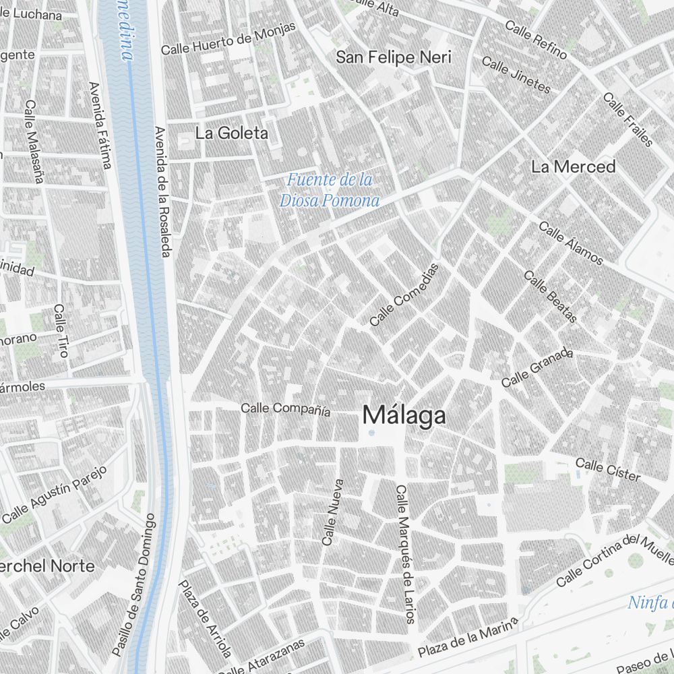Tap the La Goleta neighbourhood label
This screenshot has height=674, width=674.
[231, 133]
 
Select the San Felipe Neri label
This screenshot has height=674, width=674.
[394, 57]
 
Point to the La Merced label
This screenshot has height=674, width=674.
[573, 166]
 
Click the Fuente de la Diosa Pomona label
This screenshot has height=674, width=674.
[330, 190]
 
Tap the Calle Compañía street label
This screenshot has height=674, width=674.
[286, 408]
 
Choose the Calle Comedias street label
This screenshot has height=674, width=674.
[404, 295]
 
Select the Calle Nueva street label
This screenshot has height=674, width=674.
[333, 512]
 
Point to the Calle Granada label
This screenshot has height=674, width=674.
[537, 367]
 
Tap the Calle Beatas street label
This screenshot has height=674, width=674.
[551, 297]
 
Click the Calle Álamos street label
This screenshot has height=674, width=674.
[571, 243]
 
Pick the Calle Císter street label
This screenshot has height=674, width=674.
[608, 469]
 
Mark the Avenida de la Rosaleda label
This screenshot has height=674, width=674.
[162, 191]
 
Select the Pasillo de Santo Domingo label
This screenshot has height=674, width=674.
[134, 584]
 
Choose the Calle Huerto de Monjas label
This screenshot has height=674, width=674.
[228, 38]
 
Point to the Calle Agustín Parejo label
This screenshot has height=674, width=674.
[55, 495]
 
